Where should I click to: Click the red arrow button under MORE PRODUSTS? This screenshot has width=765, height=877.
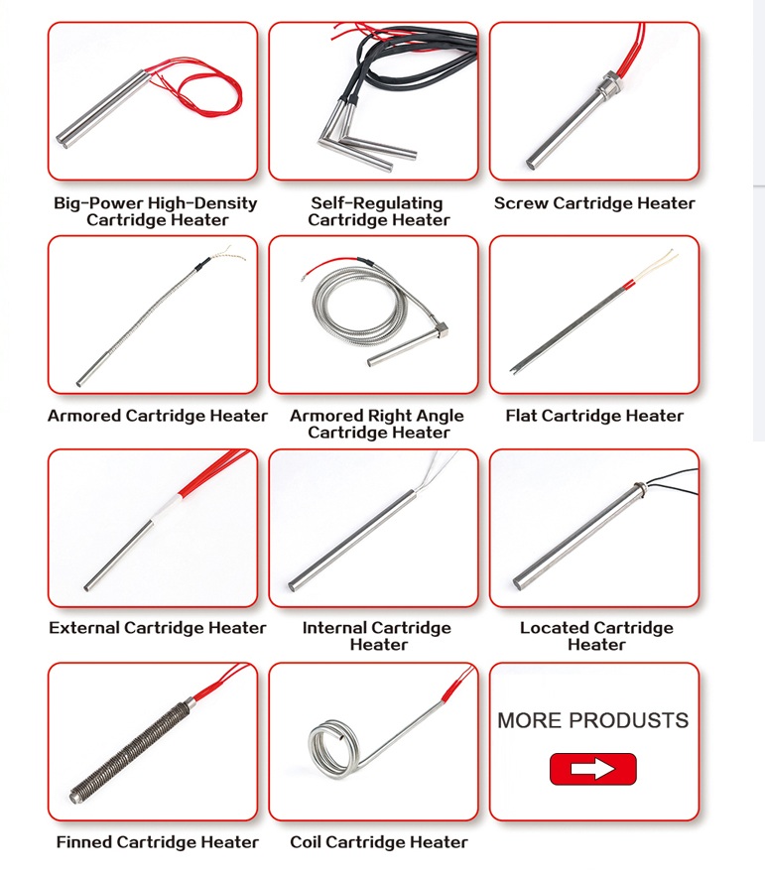point(592,769)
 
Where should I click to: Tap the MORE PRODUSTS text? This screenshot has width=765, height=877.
point(592,720)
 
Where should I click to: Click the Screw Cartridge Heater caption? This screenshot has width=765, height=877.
point(594,203)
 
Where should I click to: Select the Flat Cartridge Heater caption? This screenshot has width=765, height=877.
point(594,416)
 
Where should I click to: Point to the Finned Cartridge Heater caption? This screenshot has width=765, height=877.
point(157,841)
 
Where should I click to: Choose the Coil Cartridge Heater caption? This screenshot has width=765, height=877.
point(379,841)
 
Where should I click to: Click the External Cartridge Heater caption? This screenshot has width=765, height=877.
point(157,628)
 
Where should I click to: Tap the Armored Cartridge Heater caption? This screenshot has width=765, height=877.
point(157,416)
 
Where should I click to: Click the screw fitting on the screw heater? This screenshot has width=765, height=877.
point(607,83)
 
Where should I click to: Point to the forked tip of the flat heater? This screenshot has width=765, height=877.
point(515,369)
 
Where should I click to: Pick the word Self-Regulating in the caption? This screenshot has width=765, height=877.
point(377,203)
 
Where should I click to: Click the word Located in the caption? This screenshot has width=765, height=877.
point(553,628)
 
